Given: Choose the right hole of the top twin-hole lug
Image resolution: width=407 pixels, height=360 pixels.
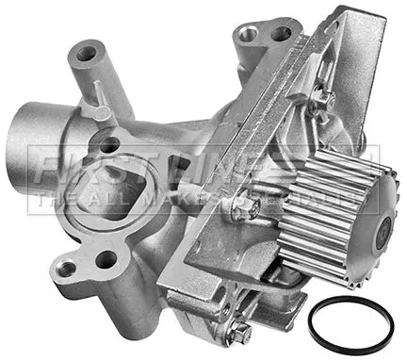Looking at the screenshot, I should [280, 34].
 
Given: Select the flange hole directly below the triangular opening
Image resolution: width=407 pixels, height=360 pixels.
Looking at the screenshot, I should [107, 258].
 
